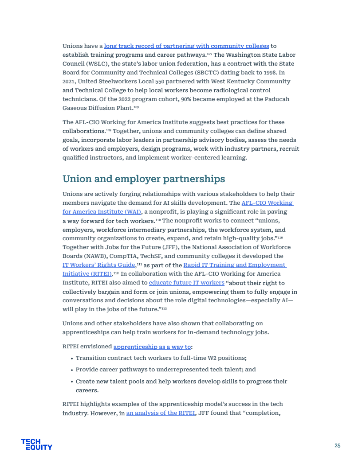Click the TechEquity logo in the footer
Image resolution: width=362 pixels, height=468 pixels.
pos(36,444)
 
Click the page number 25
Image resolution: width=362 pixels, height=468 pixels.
pos(337,445)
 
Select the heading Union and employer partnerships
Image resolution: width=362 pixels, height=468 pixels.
pos(144,179)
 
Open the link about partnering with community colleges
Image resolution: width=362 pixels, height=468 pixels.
pos(186,46)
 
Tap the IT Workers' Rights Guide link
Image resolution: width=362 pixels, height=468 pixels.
pos(98,265)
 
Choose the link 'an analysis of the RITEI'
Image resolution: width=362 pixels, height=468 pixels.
pos(161,413)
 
